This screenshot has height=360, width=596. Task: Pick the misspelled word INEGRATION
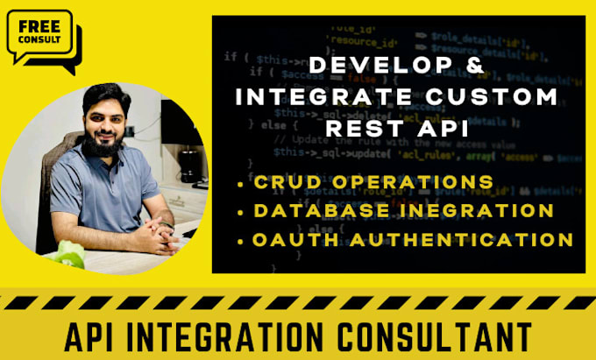tap(474, 210)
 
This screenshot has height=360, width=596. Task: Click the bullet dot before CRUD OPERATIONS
tap(241, 182)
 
